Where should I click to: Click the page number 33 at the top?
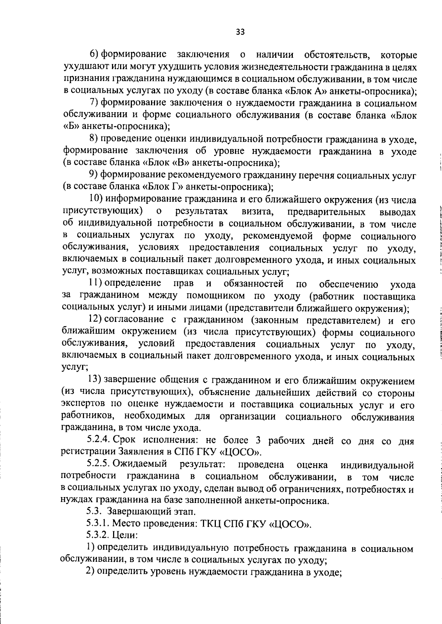click(x=240, y=32)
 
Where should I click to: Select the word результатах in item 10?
click(x=201, y=212)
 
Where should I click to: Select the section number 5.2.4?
click(x=98, y=440)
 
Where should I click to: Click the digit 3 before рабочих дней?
click(x=258, y=440)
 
